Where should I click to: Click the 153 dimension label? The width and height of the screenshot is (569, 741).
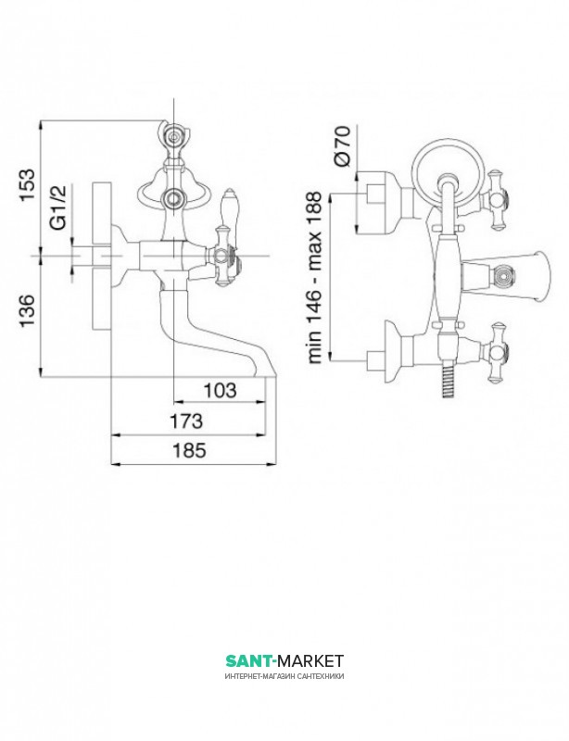28,184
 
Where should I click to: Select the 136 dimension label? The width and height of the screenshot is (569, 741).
28,310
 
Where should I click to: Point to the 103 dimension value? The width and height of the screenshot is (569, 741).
220,390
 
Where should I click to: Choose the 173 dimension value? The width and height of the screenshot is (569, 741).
186,421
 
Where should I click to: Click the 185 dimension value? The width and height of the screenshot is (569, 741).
189,450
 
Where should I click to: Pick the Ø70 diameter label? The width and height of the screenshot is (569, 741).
342,145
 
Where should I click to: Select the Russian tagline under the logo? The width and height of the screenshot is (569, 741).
284,676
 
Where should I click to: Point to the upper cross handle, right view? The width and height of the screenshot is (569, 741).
496,200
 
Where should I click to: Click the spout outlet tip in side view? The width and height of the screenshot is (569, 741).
267,377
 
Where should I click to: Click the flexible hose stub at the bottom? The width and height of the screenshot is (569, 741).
447,382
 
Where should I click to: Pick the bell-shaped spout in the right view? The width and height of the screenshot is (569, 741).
507,275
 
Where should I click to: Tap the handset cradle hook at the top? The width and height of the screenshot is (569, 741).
173,135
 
